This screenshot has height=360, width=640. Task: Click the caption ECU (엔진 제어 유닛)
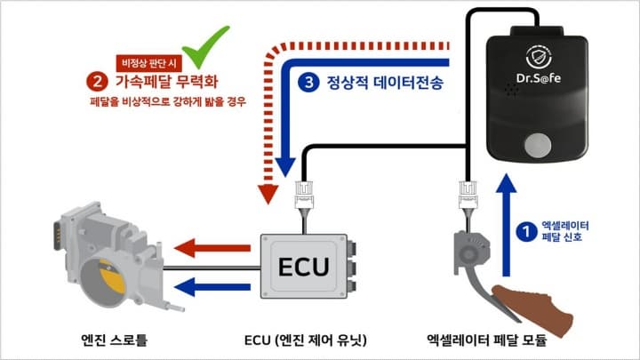click(305, 339)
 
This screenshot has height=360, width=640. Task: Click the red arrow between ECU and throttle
click(213, 248)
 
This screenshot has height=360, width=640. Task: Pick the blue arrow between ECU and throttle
click(213, 285)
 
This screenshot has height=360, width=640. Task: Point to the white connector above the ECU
click(303, 191)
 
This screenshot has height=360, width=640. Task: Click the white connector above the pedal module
click(465, 191)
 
